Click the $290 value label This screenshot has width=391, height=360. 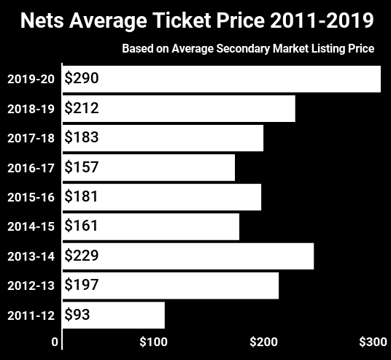point(81,78)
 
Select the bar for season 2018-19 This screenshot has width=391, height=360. point(179,109)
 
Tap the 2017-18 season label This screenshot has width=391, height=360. point(30,138)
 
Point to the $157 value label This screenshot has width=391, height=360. point(81,167)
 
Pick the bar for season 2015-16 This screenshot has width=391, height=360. point(162,197)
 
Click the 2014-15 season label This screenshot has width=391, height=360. point(30,226)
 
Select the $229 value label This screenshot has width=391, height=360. point(81,256)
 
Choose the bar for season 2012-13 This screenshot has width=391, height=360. point(171,286)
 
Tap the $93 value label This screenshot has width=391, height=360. point(77,315)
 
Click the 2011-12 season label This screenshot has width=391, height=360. point(30,315)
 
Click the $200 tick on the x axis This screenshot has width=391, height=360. point(263,342)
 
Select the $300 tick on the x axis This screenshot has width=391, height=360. point(373,342)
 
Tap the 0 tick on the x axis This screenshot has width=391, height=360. point(55,342)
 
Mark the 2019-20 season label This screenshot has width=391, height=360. point(30,79)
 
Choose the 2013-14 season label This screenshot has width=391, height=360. point(30,256)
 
